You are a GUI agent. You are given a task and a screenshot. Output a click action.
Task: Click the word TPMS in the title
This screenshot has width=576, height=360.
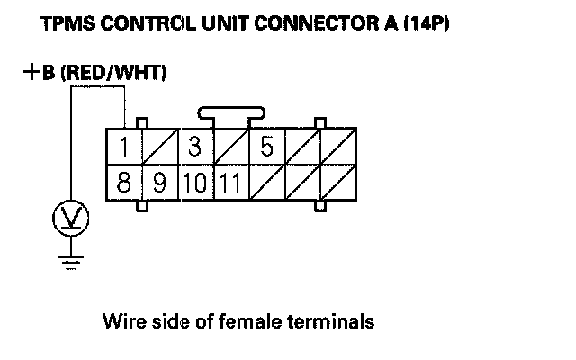click(x=66, y=26)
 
